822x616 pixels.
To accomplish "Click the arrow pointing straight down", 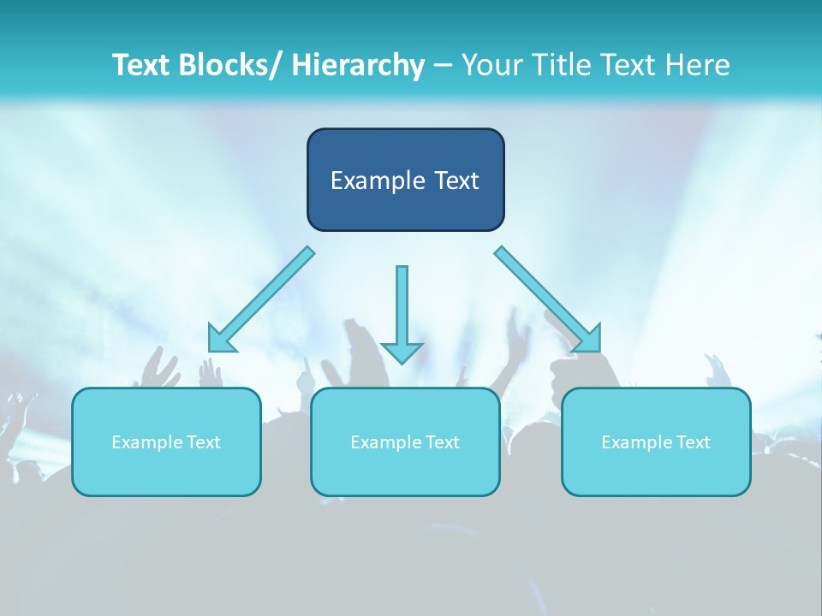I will pyautogui.click(x=402, y=308).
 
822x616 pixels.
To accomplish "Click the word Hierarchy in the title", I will pyautogui.click(x=358, y=65).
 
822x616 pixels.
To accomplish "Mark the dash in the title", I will pyautogui.click(x=443, y=66).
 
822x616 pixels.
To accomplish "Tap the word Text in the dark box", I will pyautogui.click(x=455, y=181).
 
